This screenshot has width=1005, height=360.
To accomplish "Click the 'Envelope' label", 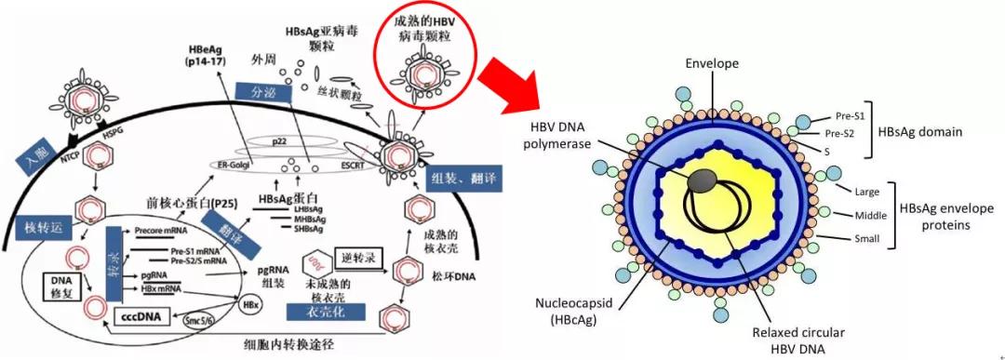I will point(712,63).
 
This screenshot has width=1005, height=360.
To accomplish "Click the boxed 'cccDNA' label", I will point(139,315).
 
